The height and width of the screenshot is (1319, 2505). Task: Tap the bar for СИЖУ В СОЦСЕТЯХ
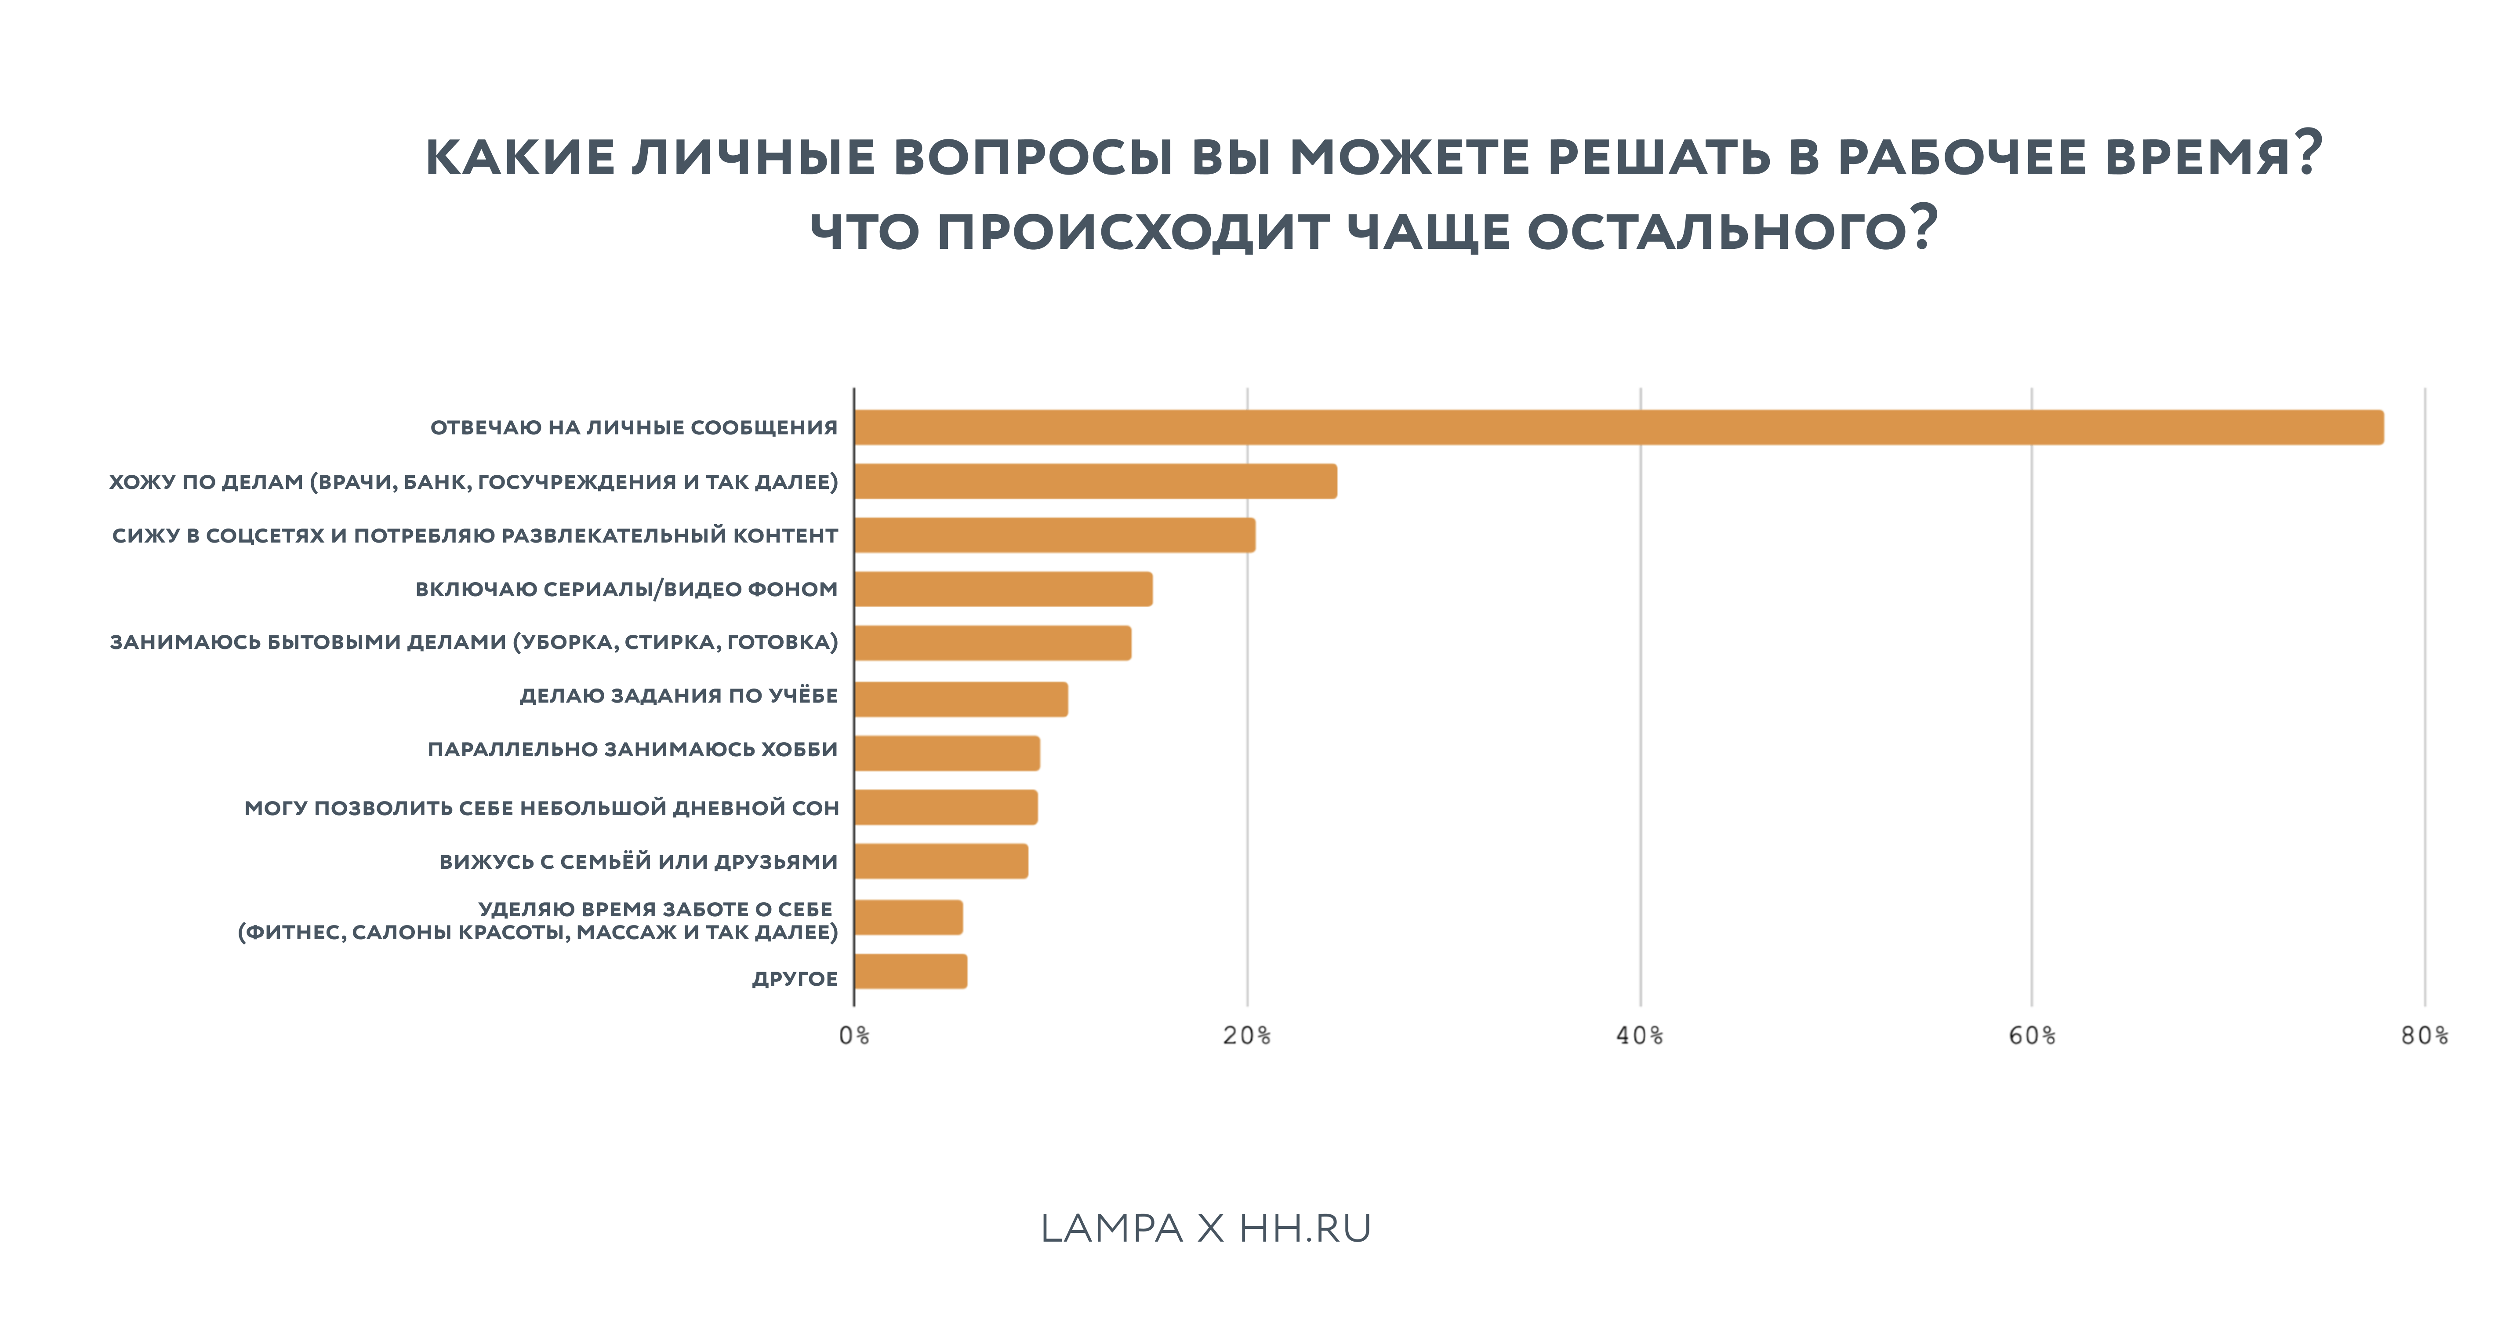tap(1054, 535)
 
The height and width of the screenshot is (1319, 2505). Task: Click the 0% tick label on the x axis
tap(854, 1036)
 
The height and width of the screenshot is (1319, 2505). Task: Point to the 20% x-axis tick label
tap(1247, 1036)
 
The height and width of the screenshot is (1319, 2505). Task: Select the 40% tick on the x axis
tap(1640, 1036)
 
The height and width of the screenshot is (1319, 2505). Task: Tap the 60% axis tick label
tap(2031, 1036)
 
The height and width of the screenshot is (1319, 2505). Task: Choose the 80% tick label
tap(2423, 1036)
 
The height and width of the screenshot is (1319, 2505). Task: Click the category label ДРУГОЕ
tap(795, 979)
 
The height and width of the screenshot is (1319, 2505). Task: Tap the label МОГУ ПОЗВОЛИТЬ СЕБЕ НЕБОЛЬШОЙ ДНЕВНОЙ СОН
tap(541, 807)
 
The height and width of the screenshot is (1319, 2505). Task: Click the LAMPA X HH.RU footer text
tap(1206, 1228)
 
